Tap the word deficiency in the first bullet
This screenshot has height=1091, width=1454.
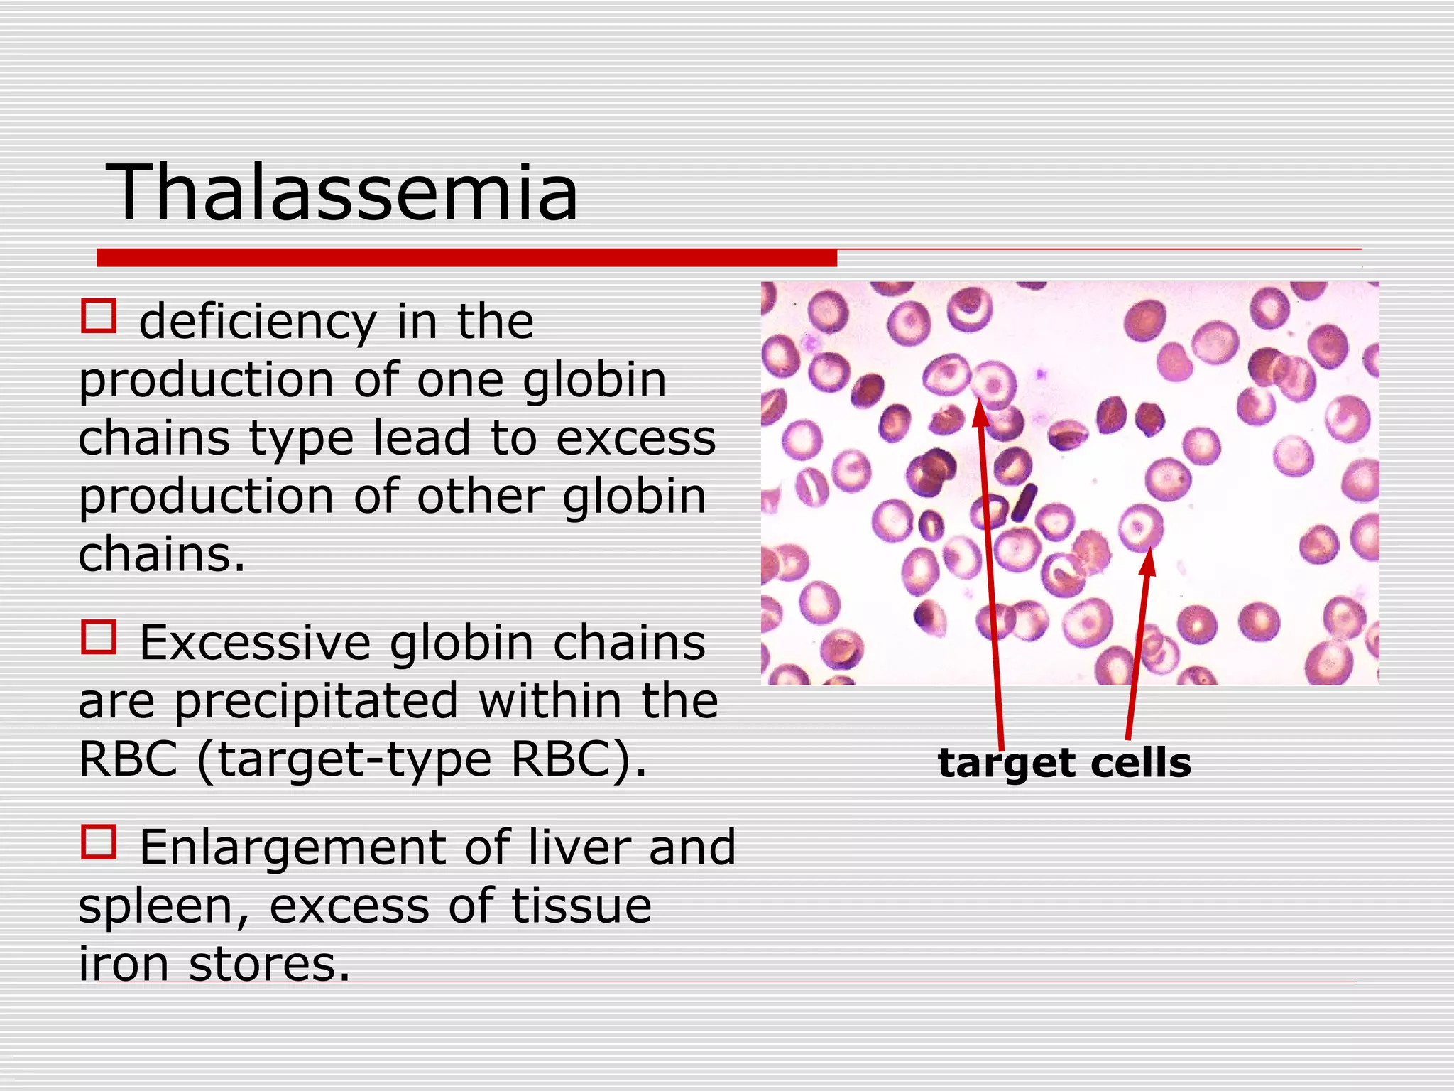[258, 323]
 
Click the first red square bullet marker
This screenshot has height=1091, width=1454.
[99, 317]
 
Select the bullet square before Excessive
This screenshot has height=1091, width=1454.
[99, 637]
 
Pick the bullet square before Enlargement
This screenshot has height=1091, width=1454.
[99, 842]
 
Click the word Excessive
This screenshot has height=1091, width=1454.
[255, 644]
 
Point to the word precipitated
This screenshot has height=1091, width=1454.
[316, 702]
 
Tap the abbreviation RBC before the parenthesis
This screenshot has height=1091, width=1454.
[128, 760]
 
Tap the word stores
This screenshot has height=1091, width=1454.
[270, 965]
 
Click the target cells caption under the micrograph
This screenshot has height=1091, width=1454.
[1064, 764]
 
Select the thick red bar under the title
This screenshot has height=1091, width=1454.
[466, 258]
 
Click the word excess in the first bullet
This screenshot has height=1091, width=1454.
[635, 438]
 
